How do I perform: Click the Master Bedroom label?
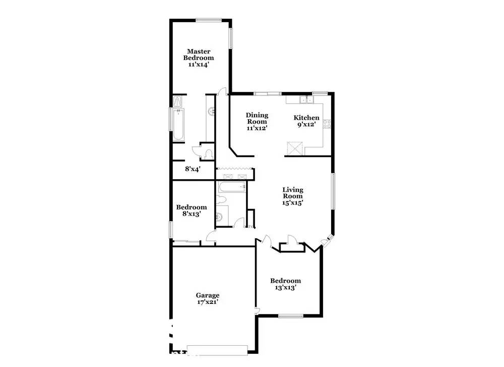click(199, 55)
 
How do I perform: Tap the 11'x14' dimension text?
click(199, 65)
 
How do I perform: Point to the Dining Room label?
click(257, 118)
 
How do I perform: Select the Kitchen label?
click(306, 118)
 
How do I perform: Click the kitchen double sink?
click(306, 100)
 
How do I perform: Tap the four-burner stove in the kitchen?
click(327, 124)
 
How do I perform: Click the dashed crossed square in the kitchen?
click(295, 148)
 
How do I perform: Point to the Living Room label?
click(292, 193)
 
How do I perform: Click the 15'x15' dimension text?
click(292, 203)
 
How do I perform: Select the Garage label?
click(208, 295)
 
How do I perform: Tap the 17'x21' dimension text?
click(208, 302)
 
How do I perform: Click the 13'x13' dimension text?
click(285, 287)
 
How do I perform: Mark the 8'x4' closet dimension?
click(193, 169)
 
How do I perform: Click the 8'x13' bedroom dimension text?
click(192, 214)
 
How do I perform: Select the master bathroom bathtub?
click(178, 125)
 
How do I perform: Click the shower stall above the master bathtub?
click(178, 102)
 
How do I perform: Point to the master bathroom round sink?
click(212, 112)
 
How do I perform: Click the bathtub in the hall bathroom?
click(232, 187)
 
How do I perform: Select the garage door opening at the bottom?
click(217, 350)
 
